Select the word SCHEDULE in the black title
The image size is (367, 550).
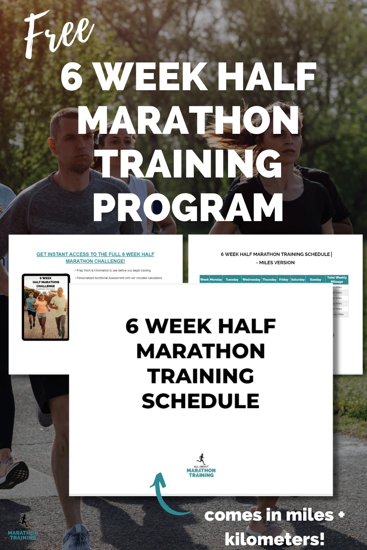201,401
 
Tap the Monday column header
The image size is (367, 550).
216,279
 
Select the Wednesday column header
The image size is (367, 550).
251,279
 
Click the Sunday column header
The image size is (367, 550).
315,279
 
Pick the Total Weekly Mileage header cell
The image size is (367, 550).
337,279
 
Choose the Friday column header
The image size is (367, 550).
284,279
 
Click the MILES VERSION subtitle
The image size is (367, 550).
276,263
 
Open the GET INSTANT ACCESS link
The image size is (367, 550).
95,257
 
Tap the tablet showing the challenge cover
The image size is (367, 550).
46,307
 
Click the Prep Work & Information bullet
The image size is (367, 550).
113,271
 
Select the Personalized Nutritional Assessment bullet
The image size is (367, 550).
119,278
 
